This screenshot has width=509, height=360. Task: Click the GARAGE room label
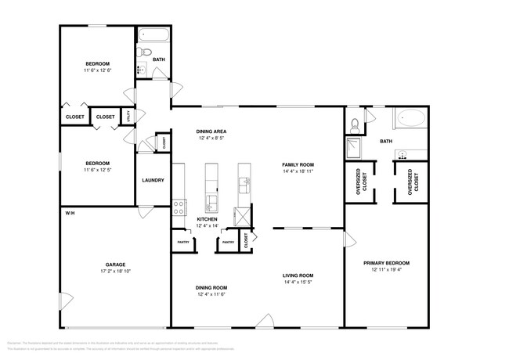[x=116, y=265]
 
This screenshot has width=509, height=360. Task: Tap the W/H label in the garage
[x=69, y=212]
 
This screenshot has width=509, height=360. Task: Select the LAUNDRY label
[x=153, y=180]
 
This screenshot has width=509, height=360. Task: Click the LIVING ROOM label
[x=298, y=275]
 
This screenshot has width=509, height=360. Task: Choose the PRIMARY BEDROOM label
[x=387, y=263]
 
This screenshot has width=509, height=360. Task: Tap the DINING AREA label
[x=211, y=131]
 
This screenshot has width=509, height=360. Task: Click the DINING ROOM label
[x=211, y=287]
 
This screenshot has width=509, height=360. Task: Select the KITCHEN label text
[x=207, y=219]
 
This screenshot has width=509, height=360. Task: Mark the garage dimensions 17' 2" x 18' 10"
[x=116, y=272]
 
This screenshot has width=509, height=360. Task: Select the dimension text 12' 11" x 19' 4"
[x=387, y=270]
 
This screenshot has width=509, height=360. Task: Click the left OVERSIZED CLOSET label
[x=359, y=182]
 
